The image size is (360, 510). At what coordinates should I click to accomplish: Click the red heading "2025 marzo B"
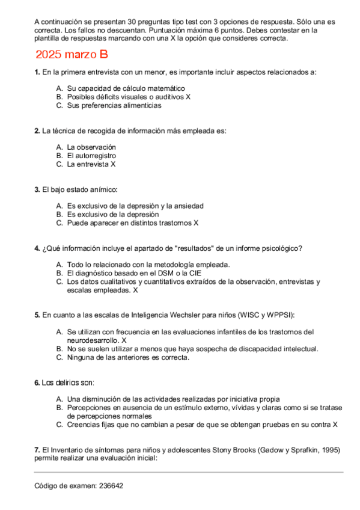pos(72,55)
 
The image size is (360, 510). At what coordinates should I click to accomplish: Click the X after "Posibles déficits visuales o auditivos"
pos(188,97)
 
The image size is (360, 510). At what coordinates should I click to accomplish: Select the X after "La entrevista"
pos(113,164)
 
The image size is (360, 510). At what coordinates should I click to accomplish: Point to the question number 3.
pos(37,189)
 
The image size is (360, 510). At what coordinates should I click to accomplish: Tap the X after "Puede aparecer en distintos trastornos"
pos(196,223)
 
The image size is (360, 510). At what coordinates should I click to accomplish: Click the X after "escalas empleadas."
pos(135,290)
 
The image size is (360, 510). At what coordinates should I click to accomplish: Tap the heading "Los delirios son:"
pos(64,382)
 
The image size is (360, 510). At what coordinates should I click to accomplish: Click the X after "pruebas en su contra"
pos(335,425)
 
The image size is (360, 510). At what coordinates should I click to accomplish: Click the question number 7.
pos(37,450)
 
